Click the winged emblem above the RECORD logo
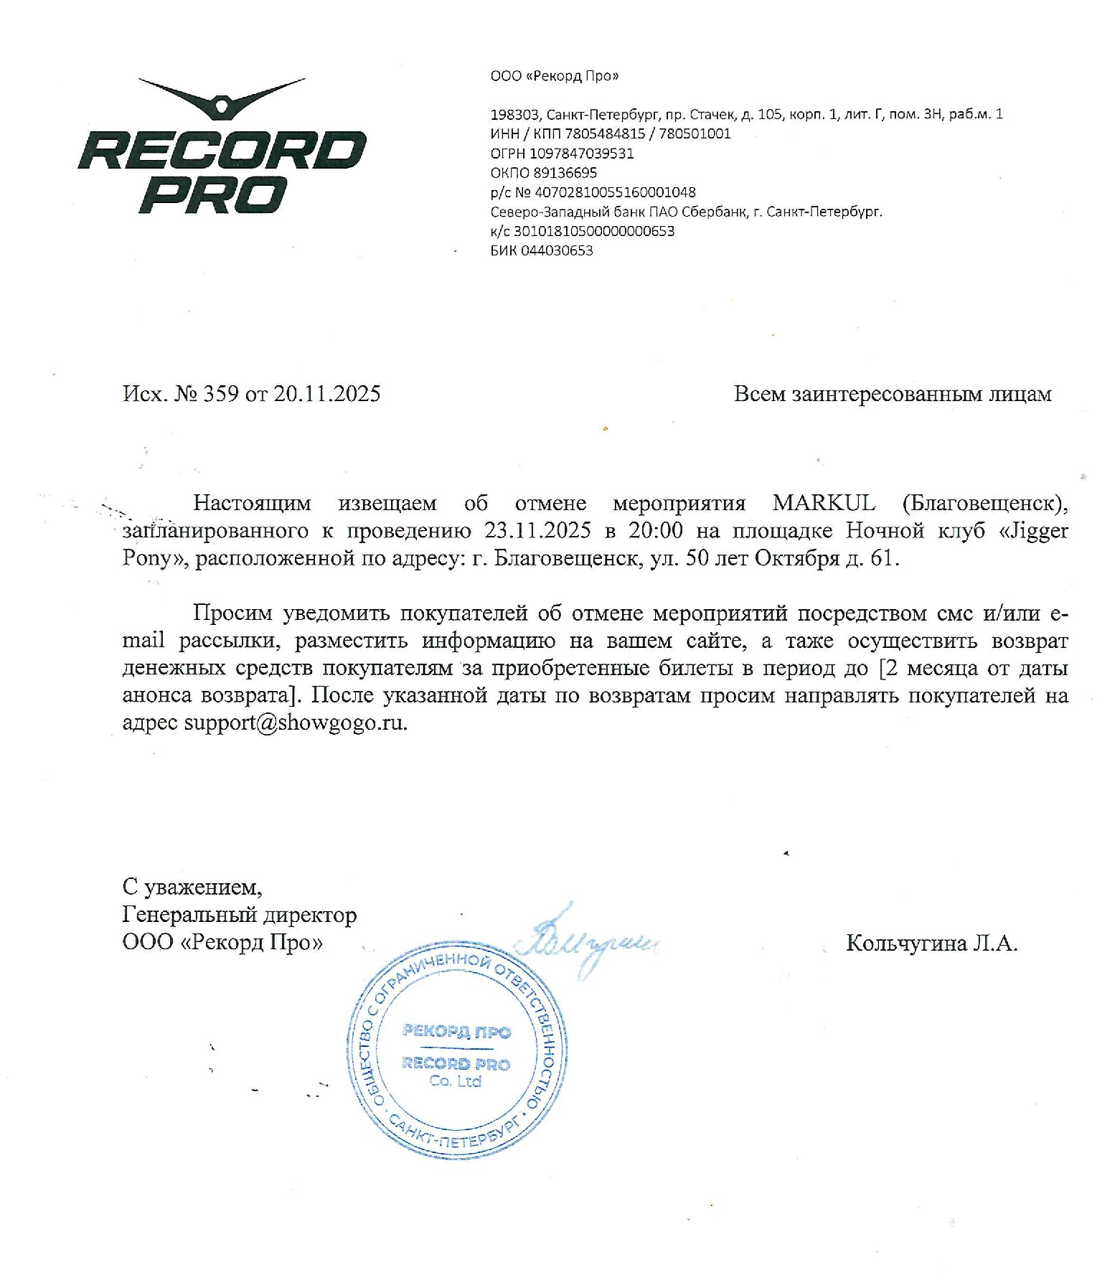click(x=222, y=98)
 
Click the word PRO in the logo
click(x=212, y=195)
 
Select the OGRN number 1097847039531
click(x=581, y=154)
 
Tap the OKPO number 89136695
click(x=565, y=173)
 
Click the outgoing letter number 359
click(x=221, y=394)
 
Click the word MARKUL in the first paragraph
click(x=824, y=503)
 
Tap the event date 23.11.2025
click(x=537, y=530)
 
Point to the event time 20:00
click(x=655, y=530)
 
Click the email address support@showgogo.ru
click(x=295, y=723)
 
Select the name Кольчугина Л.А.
click(x=931, y=943)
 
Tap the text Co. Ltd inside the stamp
click(x=456, y=1081)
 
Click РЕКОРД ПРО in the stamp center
click(x=456, y=1032)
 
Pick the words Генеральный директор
click(x=239, y=915)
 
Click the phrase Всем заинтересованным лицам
click(x=892, y=394)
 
